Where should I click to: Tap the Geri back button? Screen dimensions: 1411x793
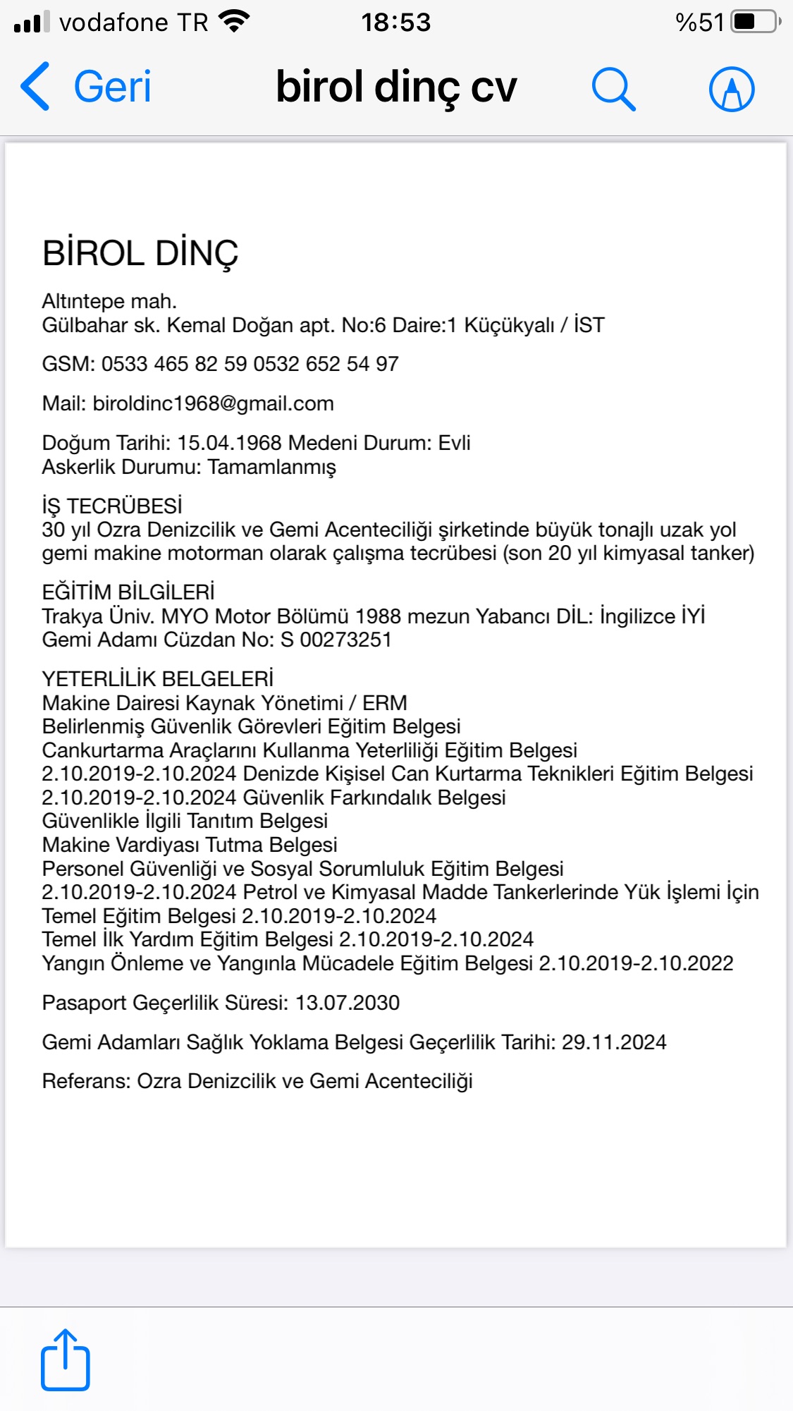(86, 87)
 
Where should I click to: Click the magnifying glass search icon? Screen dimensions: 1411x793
(613, 89)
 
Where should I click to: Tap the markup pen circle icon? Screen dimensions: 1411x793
(731, 90)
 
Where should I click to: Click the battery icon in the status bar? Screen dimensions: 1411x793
(754, 22)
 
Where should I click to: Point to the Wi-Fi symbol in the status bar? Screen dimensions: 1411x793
(235, 21)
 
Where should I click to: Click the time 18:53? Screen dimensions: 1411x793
(395, 23)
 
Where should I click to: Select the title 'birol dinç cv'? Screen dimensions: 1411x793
(396, 87)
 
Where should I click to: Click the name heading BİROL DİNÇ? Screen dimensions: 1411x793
(140, 253)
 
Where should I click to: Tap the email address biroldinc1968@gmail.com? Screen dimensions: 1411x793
(213, 403)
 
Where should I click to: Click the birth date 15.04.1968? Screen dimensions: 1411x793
(230, 443)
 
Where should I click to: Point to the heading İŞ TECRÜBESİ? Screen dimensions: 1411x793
(112, 506)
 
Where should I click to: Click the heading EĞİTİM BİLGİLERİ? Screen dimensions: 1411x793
(128, 592)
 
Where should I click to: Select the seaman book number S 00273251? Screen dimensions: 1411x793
(336, 640)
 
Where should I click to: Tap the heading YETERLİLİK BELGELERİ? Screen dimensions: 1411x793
(158, 679)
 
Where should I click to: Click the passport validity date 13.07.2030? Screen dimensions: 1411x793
(347, 1003)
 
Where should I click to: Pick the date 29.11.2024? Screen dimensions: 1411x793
(613, 1042)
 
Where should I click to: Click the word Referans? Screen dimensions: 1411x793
(86, 1081)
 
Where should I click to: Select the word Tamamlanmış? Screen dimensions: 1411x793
(271, 467)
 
